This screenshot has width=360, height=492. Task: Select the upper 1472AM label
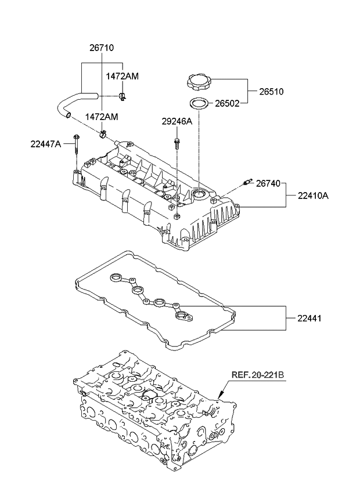point(122,76)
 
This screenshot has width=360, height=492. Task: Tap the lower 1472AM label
point(102,117)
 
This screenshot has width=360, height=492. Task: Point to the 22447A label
point(46,144)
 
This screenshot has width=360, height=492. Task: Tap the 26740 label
point(268,183)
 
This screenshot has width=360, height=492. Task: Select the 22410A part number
point(314,196)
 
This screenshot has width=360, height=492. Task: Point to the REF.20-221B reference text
point(258,375)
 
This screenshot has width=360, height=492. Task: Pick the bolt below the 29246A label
point(176,144)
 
